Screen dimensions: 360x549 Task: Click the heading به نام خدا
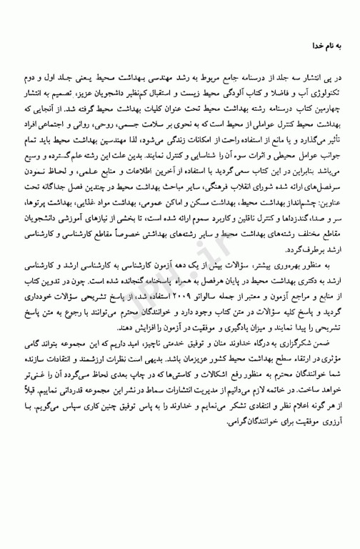point(326,46)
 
